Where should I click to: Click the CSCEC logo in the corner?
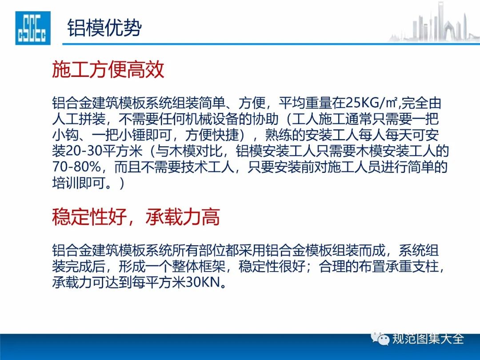tap(33, 28)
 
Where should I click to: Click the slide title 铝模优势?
tap(105, 28)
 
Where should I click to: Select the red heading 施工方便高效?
tap(108, 69)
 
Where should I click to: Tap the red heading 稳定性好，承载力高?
tap(136, 217)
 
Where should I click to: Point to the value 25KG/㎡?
tap(371, 103)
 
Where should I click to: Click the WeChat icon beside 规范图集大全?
tap(380, 339)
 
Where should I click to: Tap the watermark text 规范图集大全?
tap(428, 339)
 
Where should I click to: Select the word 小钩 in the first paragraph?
tap(65, 135)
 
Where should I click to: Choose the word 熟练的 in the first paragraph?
tap(285, 135)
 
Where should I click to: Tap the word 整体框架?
tap(199, 266)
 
